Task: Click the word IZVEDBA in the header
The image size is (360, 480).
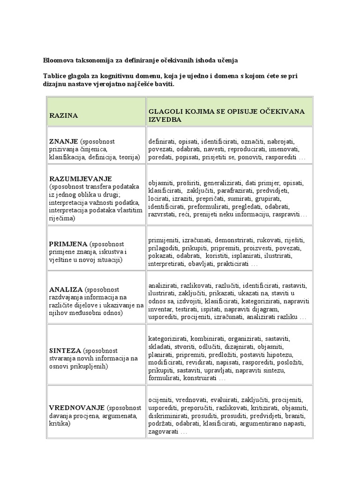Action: point(165,120)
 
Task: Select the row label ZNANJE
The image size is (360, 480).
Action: point(63,141)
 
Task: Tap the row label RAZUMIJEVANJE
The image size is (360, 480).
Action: point(80,179)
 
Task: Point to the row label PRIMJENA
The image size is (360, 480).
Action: point(69,244)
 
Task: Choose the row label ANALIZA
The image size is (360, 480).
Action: point(66,289)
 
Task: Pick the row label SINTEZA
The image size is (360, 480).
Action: point(65,350)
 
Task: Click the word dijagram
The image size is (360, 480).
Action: point(266,309)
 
